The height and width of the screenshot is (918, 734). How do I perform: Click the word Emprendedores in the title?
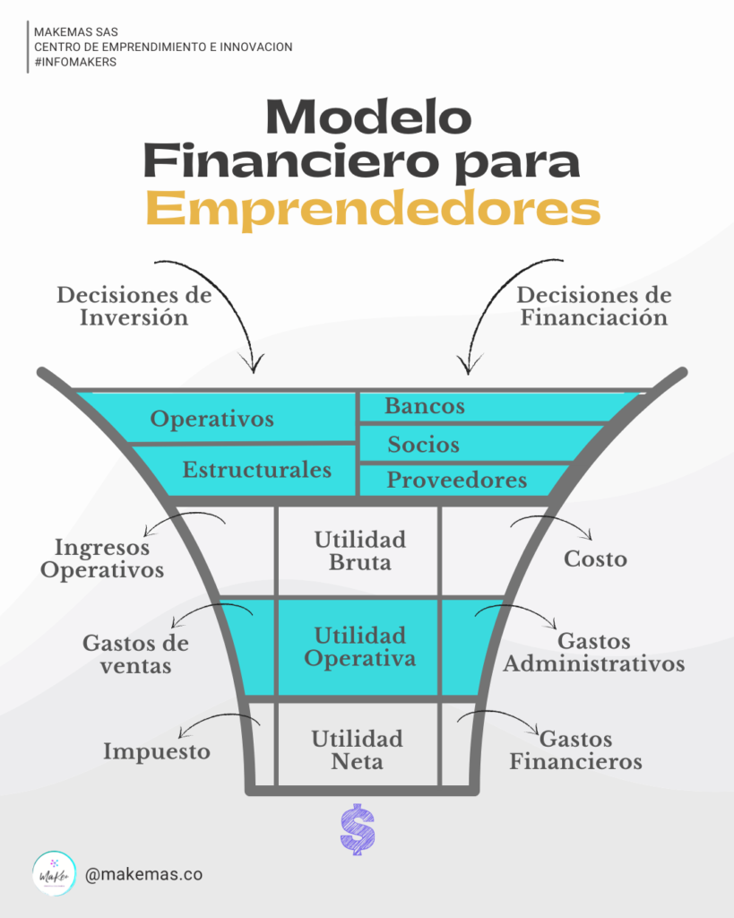pyautogui.click(x=372, y=209)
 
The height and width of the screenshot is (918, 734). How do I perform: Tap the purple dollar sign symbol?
pyautogui.click(x=358, y=829)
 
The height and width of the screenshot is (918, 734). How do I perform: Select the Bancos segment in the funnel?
pyautogui.click(x=425, y=406)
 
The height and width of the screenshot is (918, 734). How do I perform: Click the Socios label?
pyautogui.click(x=423, y=445)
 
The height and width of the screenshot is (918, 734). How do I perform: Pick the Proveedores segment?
pyautogui.click(x=456, y=481)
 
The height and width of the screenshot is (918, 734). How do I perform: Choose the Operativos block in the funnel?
pyautogui.click(x=212, y=419)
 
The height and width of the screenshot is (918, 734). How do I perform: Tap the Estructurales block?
pyautogui.click(x=257, y=470)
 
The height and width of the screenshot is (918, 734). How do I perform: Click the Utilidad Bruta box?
pyautogui.click(x=359, y=550)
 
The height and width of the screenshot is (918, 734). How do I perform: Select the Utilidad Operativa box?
pyautogui.click(x=359, y=646)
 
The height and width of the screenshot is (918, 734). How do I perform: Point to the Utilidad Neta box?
pyautogui.click(x=358, y=750)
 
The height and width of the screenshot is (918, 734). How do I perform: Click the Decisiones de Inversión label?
pyautogui.click(x=134, y=306)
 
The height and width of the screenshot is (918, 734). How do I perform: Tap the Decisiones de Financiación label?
pyautogui.click(x=593, y=306)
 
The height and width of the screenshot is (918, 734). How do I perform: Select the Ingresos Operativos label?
pyautogui.click(x=109, y=558)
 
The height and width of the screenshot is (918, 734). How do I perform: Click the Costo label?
pyautogui.click(x=595, y=559)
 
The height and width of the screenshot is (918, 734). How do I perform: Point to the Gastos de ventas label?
pyautogui.click(x=135, y=654)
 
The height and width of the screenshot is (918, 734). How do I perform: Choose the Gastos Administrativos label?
pyautogui.click(x=594, y=653)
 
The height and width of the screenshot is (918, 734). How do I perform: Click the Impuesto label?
pyautogui.click(x=157, y=751)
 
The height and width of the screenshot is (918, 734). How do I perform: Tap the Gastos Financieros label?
pyautogui.click(x=576, y=750)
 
